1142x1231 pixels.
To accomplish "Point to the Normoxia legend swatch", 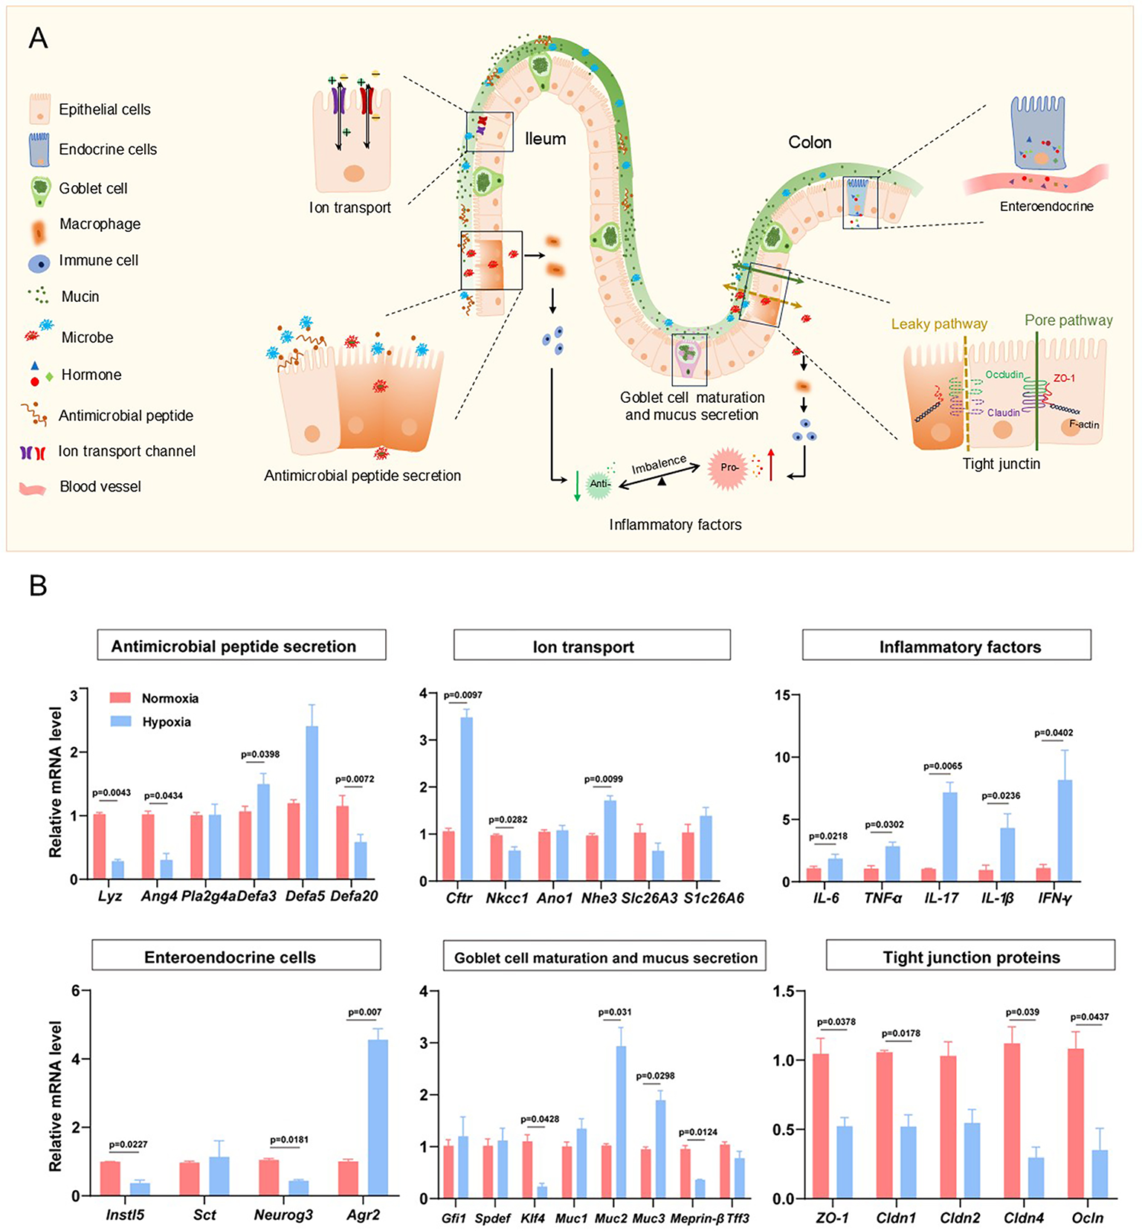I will (120, 698).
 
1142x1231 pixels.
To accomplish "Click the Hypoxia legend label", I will (167, 722).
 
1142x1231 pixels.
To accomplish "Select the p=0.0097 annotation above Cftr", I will (462, 695).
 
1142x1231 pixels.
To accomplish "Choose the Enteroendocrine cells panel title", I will (236, 957).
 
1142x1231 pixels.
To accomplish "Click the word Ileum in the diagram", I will (545, 139).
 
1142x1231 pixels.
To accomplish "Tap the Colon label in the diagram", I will (810, 142).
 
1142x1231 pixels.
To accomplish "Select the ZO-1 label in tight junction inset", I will (1063, 378).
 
